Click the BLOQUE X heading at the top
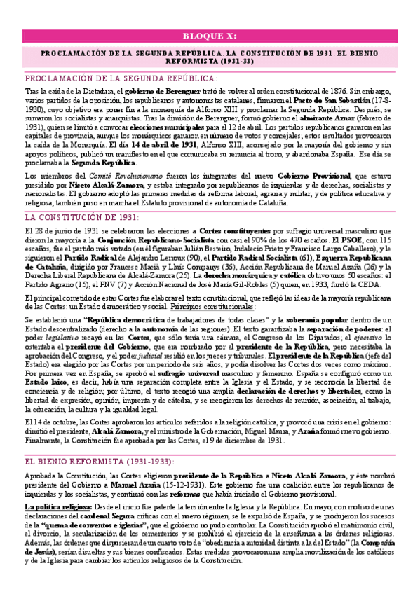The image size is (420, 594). (210, 36)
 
